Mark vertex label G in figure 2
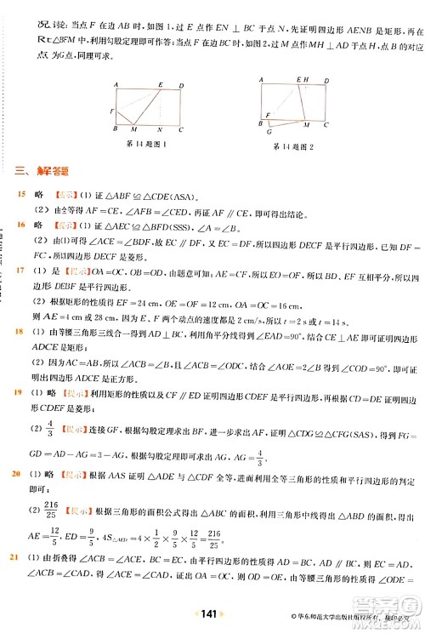click(x=270, y=133)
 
